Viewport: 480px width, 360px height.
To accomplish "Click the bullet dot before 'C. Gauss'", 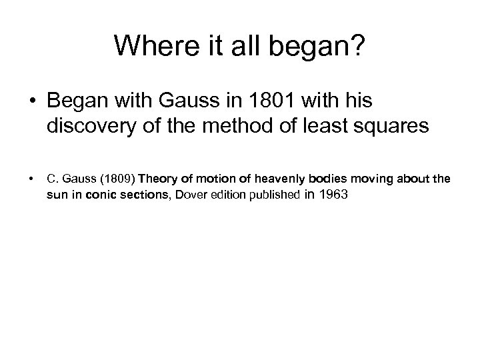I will click(31, 179).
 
